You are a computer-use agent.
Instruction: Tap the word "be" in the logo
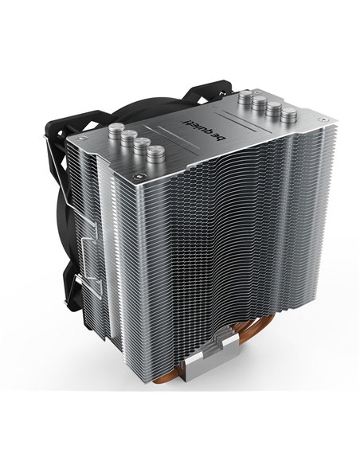point(221,137)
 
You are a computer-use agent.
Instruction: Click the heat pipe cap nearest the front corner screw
point(156,154)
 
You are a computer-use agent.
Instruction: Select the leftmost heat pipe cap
point(116,131)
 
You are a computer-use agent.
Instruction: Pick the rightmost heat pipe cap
point(289,115)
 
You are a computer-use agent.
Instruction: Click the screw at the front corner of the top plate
point(139,177)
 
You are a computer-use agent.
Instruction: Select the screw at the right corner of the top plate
point(320,119)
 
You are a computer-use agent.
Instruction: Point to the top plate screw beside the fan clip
point(83,138)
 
